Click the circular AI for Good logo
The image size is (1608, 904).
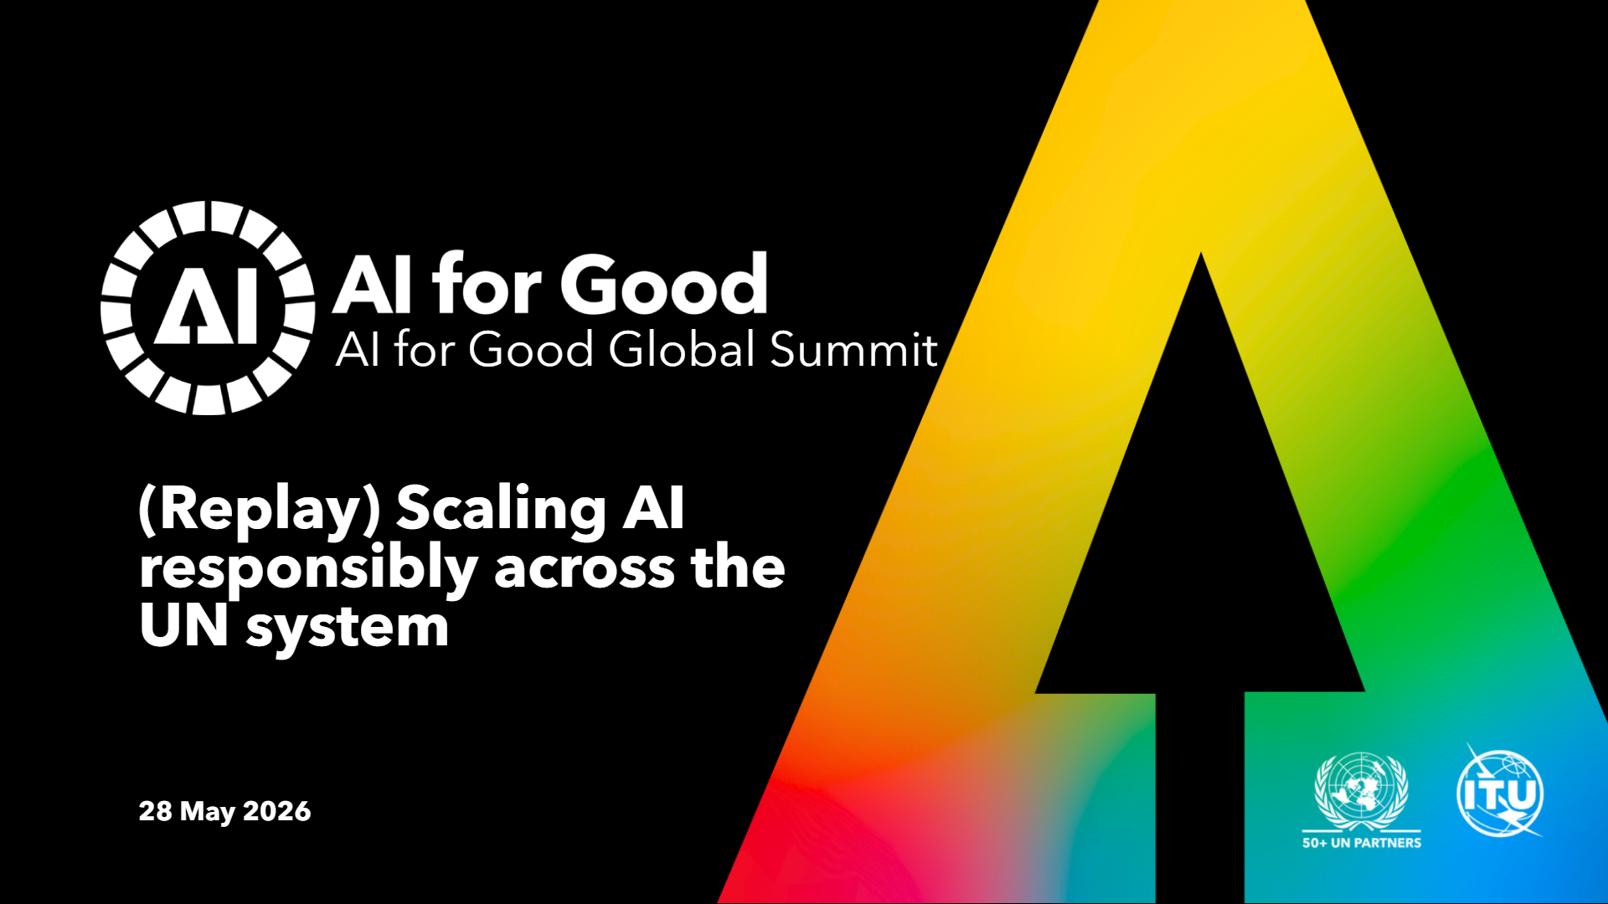(x=208, y=307)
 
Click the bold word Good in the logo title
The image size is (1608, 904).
(x=664, y=285)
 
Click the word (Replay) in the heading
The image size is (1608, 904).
(x=260, y=511)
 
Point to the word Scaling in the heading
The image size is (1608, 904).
(x=501, y=511)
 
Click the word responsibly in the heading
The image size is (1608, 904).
(x=308, y=569)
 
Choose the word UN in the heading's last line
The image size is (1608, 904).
(x=183, y=626)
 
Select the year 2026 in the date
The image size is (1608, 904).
(x=276, y=811)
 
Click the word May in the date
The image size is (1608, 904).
(x=208, y=812)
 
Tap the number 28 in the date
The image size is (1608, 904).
(x=156, y=811)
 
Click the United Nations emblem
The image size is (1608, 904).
(x=1362, y=790)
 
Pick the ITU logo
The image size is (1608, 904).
(x=1500, y=791)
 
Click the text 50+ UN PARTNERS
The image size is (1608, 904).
(x=1362, y=843)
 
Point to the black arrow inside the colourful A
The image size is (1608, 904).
(x=1200, y=578)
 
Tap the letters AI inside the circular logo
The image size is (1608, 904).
(x=207, y=307)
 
